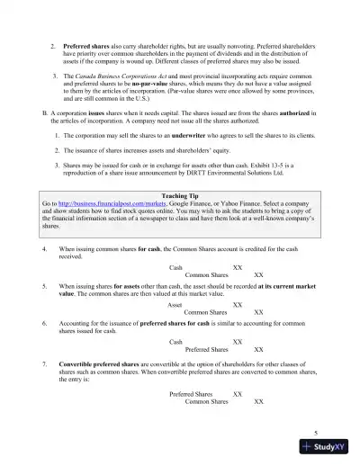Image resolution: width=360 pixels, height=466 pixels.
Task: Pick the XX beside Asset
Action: point(238,305)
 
